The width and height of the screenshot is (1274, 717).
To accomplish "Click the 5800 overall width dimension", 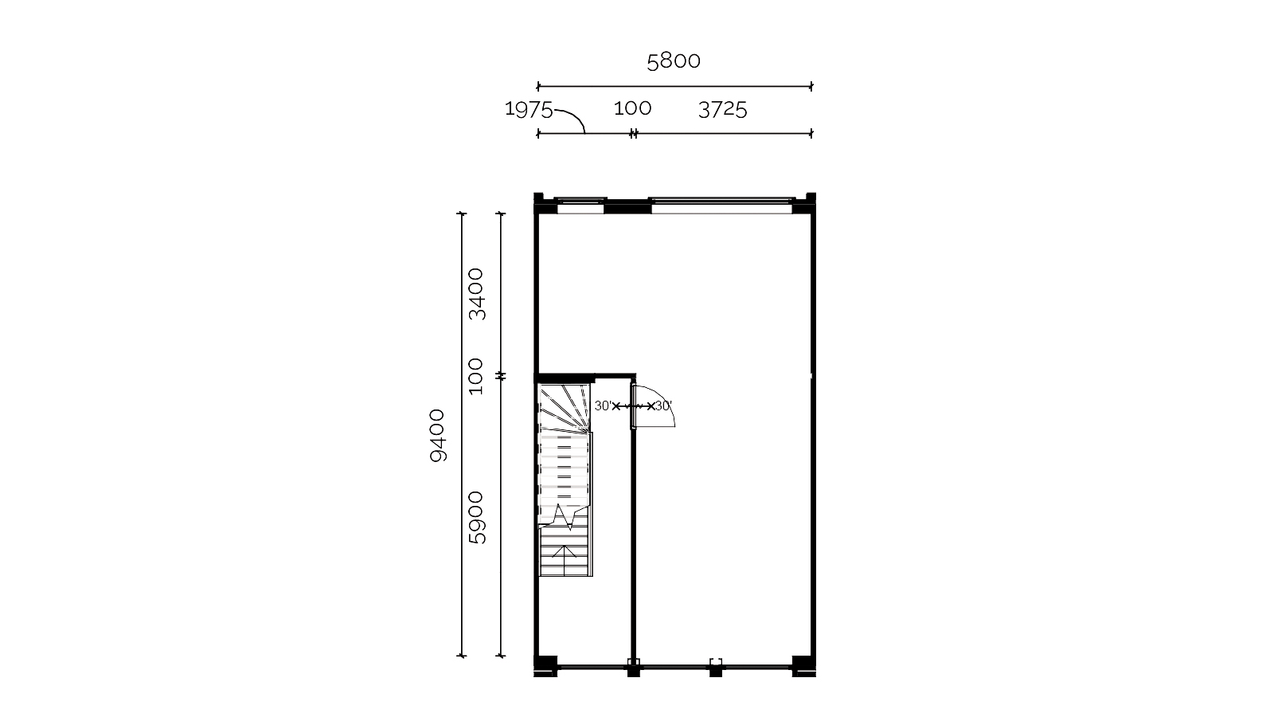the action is point(674,61).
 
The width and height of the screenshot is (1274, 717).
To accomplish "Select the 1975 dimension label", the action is point(529,109).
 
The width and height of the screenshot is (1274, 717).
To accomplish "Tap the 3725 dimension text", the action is point(722,109).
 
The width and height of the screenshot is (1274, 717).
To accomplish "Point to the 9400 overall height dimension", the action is point(437,435).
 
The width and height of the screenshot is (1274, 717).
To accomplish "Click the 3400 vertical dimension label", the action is point(475,294).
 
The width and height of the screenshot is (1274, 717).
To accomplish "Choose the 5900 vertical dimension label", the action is point(475,518).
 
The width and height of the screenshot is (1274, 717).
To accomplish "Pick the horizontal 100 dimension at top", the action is point(632,108).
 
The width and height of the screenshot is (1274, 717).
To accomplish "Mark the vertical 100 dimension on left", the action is point(475,376).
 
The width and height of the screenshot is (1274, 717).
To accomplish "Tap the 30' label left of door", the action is point(603,406).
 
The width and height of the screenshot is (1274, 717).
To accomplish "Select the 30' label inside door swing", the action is point(664,406).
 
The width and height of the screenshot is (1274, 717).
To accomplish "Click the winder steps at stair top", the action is point(565,406).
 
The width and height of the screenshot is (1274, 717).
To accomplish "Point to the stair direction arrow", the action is point(565,561).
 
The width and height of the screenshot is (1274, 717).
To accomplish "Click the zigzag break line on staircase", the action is point(562,517).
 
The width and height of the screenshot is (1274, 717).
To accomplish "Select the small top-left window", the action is point(580,206).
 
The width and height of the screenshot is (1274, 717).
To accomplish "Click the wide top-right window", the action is point(721,206).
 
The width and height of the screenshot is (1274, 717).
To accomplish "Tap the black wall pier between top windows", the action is point(627,206).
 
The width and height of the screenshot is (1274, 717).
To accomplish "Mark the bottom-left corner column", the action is point(545,666).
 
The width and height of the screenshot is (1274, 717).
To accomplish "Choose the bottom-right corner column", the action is point(803,666).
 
